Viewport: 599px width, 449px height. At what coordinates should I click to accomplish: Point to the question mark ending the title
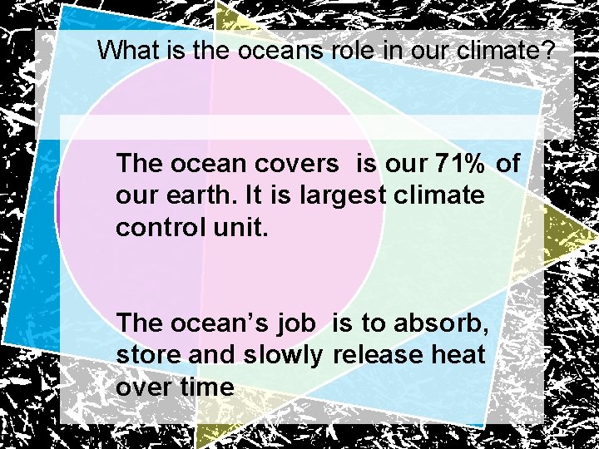tap(547, 50)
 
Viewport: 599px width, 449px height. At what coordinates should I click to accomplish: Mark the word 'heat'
tap(458, 355)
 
